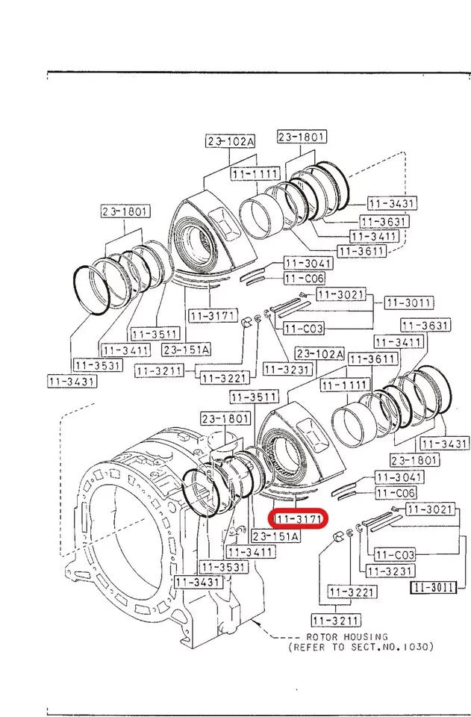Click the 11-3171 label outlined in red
tap(299, 517)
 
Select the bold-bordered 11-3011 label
tap(433, 587)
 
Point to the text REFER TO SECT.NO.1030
tap(361, 647)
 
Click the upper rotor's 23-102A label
tap(230, 140)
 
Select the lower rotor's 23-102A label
tap(319, 353)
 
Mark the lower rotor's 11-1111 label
tap(345, 385)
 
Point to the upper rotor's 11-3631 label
tap(382, 221)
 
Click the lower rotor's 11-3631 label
tap(425, 325)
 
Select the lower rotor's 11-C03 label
tap(394, 555)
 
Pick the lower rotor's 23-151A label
tap(275, 536)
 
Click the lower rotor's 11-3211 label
tap(335, 620)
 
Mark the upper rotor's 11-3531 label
tap(95, 364)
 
